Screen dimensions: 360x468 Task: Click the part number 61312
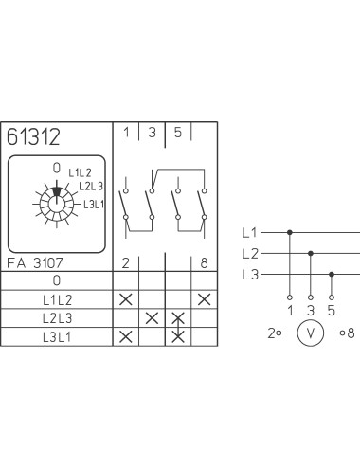tap(33, 136)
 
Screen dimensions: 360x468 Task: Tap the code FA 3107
tap(35, 263)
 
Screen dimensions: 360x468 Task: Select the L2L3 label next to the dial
tap(91, 187)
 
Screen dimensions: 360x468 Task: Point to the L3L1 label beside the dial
tap(94, 205)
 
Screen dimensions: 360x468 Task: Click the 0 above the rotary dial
tap(57, 168)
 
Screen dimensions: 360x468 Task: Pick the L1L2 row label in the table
tap(58, 300)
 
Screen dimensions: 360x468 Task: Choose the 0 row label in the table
tap(57, 280)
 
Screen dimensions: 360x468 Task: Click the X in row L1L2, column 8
tap(204, 299)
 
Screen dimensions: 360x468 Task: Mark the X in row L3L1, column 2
tap(126, 337)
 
